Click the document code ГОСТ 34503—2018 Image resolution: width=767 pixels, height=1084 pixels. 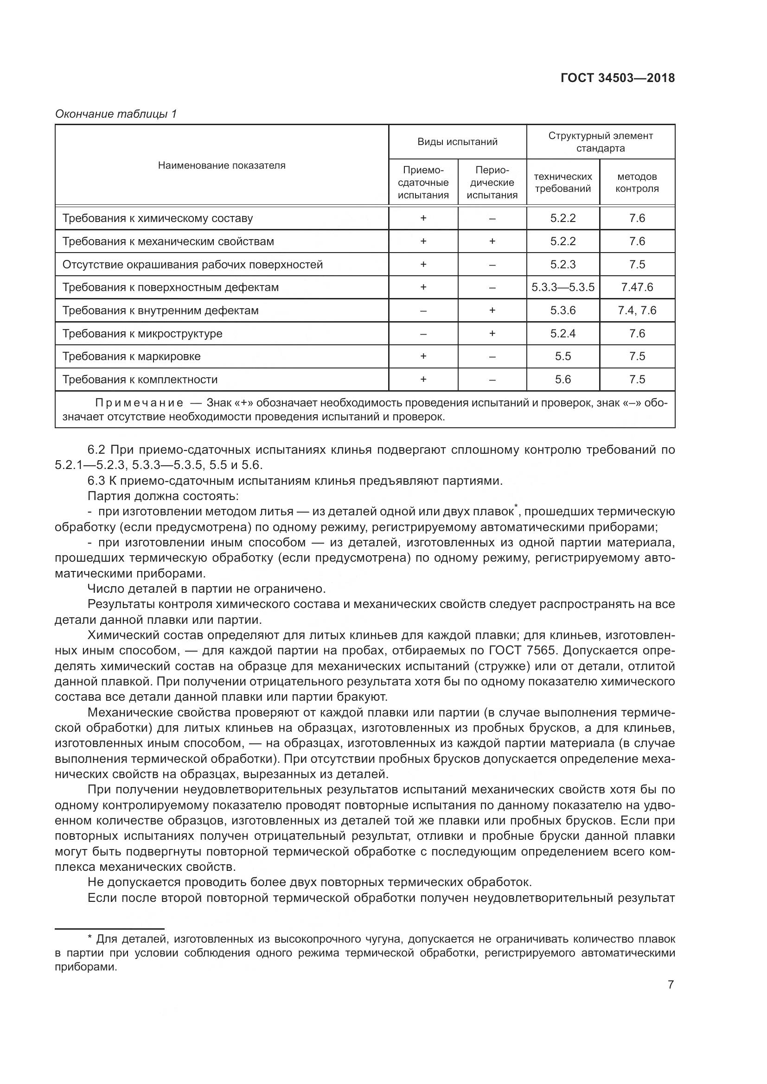pos(617,78)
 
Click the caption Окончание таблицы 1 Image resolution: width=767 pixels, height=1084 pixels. pos(116,114)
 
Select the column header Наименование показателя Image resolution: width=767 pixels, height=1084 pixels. pos(222,165)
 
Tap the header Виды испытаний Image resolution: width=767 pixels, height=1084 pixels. pos(457,142)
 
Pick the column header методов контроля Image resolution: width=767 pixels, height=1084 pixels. pos(637,182)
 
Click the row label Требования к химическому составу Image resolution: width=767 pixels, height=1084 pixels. pos(157,218)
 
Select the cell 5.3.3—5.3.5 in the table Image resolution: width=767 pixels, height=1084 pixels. pos(562,287)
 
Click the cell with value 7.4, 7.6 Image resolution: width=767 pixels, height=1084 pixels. pos(637,310)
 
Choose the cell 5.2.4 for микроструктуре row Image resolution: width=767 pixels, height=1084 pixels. pos(562,333)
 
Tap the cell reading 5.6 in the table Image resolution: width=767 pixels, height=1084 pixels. pos(562,379)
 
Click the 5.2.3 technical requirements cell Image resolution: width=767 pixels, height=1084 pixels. pos(562,264)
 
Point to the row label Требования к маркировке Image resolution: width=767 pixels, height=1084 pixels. pos(131,356)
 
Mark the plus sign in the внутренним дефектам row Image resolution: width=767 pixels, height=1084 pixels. pos(492,310)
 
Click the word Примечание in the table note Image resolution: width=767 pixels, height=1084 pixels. pos(139,403)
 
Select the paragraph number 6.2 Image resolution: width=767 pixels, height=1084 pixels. pos(96,450)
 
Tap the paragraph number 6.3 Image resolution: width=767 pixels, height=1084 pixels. pos(96,481)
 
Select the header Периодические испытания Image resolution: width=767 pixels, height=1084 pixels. pos(492,182)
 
